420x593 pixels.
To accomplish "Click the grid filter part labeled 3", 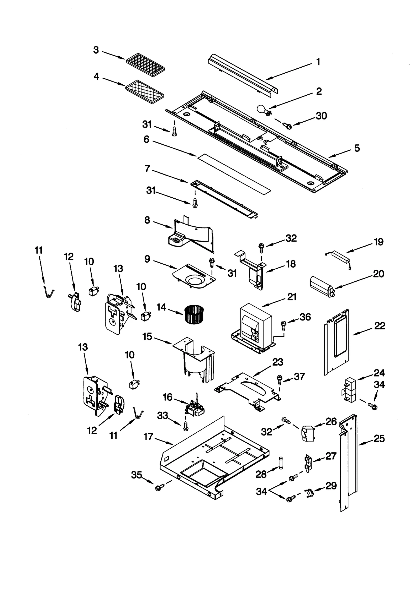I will [x=145, y=65].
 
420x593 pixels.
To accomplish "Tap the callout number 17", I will [x=148, y=436].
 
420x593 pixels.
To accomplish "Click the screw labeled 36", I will [x=283, y=324].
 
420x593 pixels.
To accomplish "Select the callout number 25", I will [x=379, y=438].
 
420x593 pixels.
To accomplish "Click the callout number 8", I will [x=147, y=220].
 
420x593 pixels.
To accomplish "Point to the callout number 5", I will [x=357, y=148].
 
